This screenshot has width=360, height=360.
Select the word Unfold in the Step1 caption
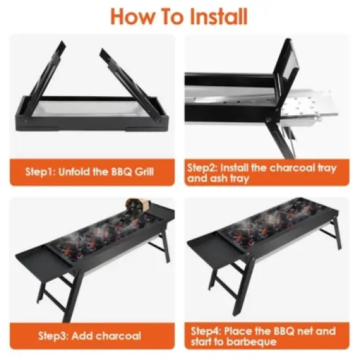(80, 173)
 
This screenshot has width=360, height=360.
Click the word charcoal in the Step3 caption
(118, 336)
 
